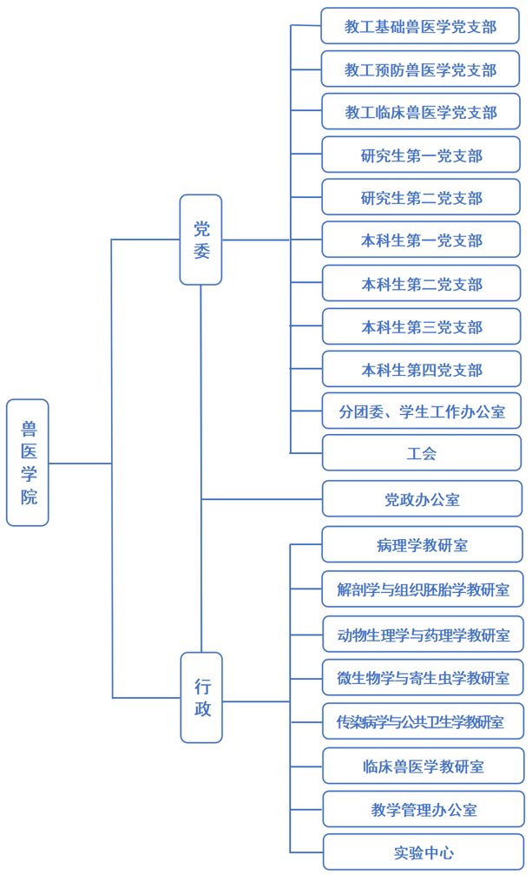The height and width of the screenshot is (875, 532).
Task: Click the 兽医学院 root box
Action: [28, 463]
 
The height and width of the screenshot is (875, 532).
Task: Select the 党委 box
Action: [200, 240]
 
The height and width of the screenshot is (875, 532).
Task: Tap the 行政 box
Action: [201, 697]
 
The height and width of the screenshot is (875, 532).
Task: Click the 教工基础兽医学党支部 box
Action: [420, 26]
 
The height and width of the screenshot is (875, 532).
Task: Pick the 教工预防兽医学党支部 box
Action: [420, 69]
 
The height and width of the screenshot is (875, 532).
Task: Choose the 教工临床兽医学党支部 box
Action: [420, 112]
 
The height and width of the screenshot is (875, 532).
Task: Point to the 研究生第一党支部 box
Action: [421, 155]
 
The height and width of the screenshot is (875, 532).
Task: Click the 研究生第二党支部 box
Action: [421, 198]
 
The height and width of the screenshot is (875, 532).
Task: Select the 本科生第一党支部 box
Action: [421, 240]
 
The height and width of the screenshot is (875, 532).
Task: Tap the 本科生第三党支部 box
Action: [421, 326]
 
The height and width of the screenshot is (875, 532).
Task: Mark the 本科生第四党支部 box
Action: [421, 369]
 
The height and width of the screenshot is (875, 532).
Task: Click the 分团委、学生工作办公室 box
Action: [421, 411]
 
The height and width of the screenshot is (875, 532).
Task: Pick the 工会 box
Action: [421, 453]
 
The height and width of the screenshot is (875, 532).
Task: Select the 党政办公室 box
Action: [422, 499]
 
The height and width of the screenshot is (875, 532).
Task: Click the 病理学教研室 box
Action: [422, 545]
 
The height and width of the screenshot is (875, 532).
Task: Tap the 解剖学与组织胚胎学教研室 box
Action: [423, 589]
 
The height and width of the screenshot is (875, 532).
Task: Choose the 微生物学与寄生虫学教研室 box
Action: [423, 677]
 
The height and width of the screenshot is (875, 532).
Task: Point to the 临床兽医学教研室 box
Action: [423, 766]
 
